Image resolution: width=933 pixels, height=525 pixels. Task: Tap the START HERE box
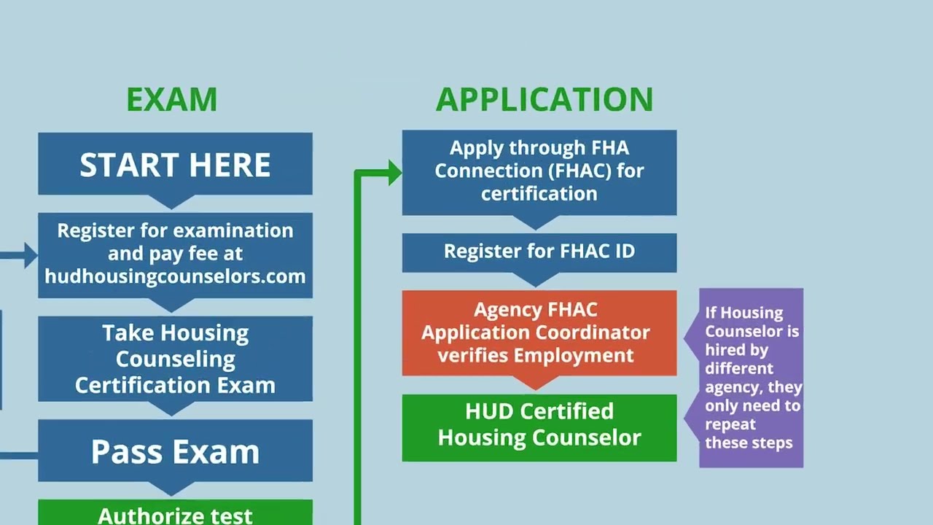[175, 165]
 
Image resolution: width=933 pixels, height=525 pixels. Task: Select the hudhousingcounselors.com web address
[175, 276]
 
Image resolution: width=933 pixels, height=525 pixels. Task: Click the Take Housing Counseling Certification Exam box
[175, 359]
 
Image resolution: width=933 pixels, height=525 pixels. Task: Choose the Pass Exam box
[175, 452]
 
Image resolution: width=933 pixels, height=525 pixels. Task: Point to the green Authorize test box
[175, 514]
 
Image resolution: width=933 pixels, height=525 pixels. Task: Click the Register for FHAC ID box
[539, 252]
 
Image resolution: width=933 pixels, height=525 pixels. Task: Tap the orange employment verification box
[539, 332]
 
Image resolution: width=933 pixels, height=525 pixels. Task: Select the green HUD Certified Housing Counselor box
[539, 426]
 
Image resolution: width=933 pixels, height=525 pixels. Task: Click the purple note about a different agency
[751, 378]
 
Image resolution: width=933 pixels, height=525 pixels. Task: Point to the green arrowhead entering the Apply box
[394, 173]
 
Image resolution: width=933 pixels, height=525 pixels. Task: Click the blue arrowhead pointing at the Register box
[31, 255]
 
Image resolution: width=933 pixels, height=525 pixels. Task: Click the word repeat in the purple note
[730, 424]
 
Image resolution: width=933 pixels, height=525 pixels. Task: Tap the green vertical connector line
[358, 350]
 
